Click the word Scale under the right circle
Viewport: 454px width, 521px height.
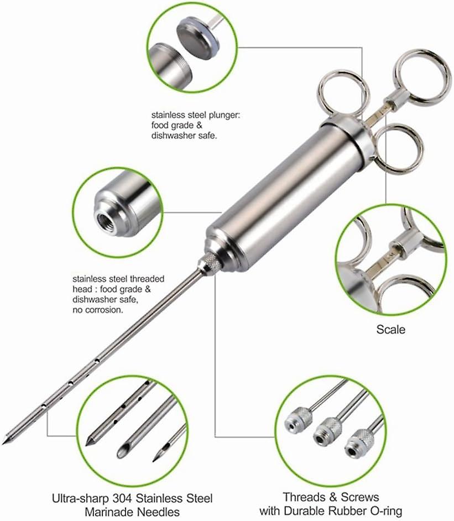pos(390,329)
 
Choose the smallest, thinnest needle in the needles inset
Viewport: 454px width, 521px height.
pos(169,443)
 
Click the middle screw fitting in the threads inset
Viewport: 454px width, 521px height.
pos(327,433)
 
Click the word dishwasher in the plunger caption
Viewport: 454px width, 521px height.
pos(173,136)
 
